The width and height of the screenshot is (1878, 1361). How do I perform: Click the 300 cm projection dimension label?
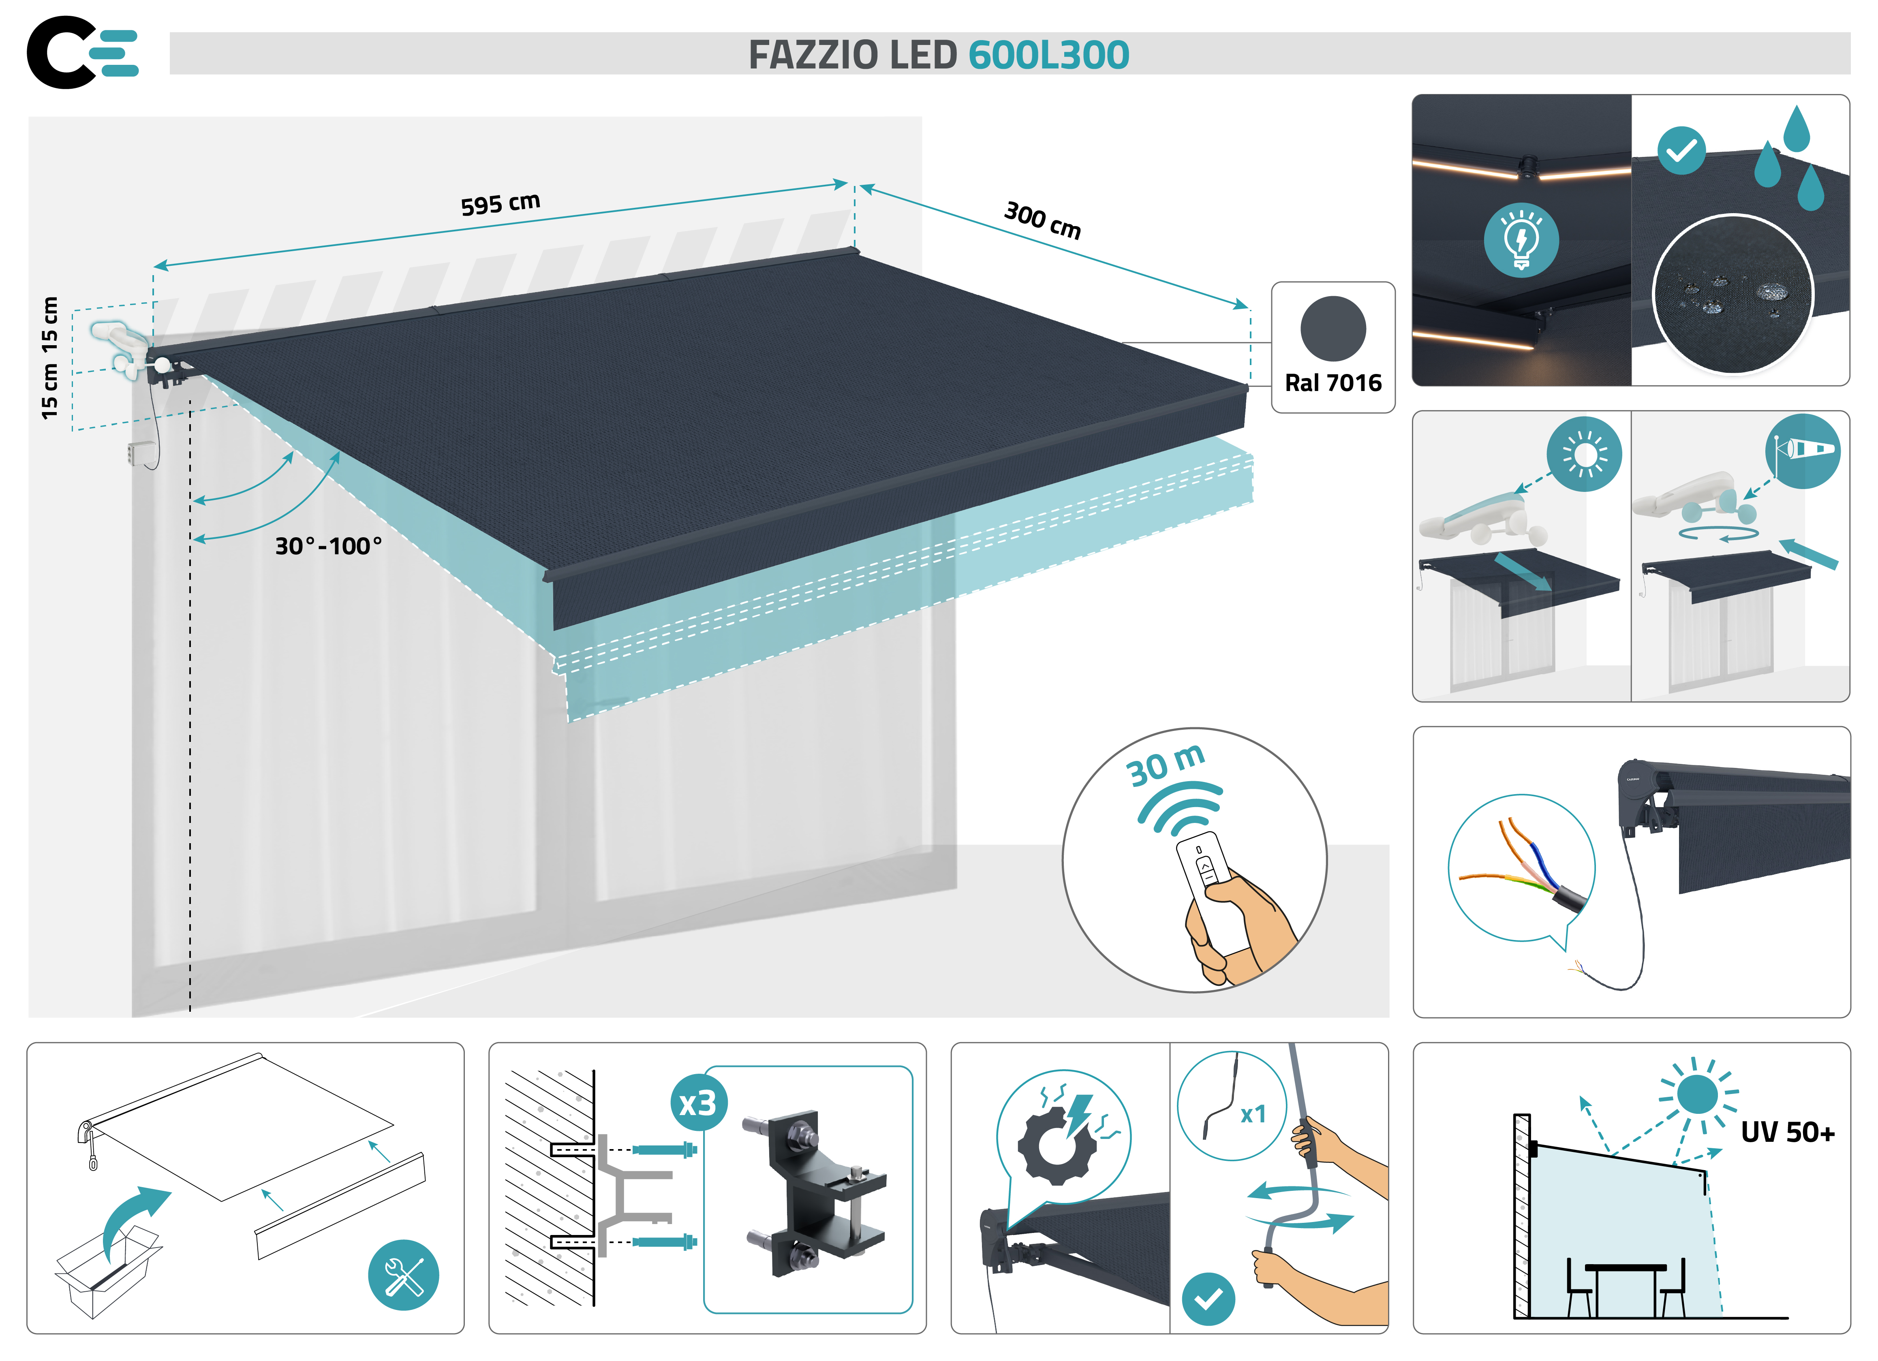(1042, 219)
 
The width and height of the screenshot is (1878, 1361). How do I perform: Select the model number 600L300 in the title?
(1048, 56)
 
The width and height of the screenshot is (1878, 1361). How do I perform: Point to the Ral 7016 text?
(1333, 383)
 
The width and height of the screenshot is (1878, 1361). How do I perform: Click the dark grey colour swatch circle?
(1333, 329)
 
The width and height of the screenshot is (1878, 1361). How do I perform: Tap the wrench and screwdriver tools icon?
(403, 1275)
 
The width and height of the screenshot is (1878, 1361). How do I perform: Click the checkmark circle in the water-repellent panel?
(1681, 151)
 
